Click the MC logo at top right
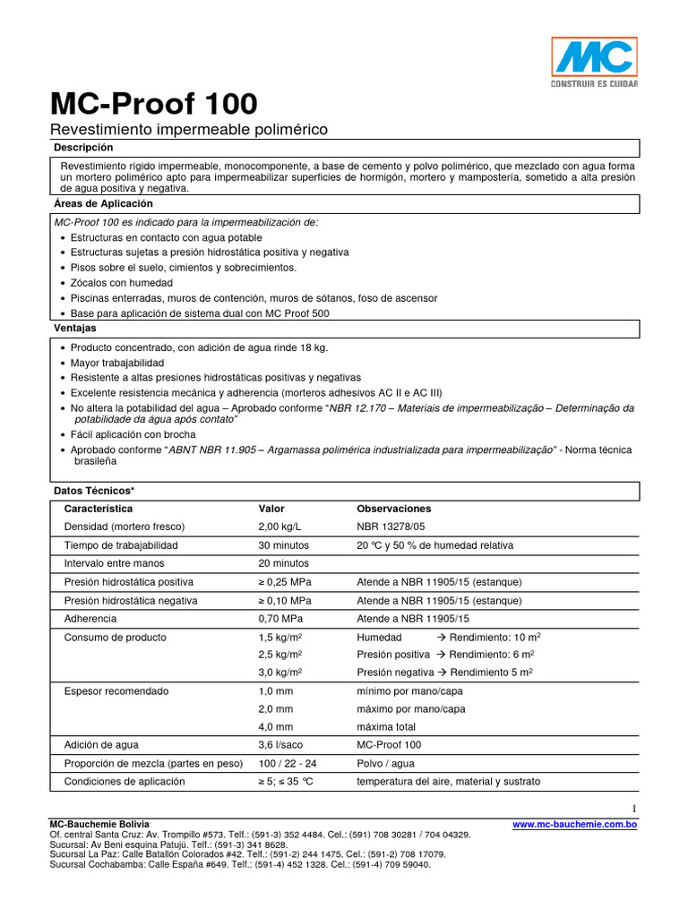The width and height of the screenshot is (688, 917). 594,61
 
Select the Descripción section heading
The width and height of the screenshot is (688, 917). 84,148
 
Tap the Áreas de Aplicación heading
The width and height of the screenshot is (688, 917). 104,204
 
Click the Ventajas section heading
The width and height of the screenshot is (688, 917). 75,329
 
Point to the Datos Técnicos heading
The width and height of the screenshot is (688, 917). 94,492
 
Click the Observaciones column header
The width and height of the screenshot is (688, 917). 393,509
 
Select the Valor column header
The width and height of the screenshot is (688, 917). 271,509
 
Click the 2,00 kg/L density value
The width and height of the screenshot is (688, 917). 280,527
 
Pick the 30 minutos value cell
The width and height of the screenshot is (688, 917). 283,545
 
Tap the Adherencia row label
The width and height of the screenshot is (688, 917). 90,619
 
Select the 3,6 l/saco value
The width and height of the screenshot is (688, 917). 282,745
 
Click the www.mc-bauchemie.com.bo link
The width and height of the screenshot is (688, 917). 574,825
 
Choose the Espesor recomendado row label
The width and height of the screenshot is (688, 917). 116,691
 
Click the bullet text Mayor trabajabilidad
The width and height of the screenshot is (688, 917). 117,363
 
